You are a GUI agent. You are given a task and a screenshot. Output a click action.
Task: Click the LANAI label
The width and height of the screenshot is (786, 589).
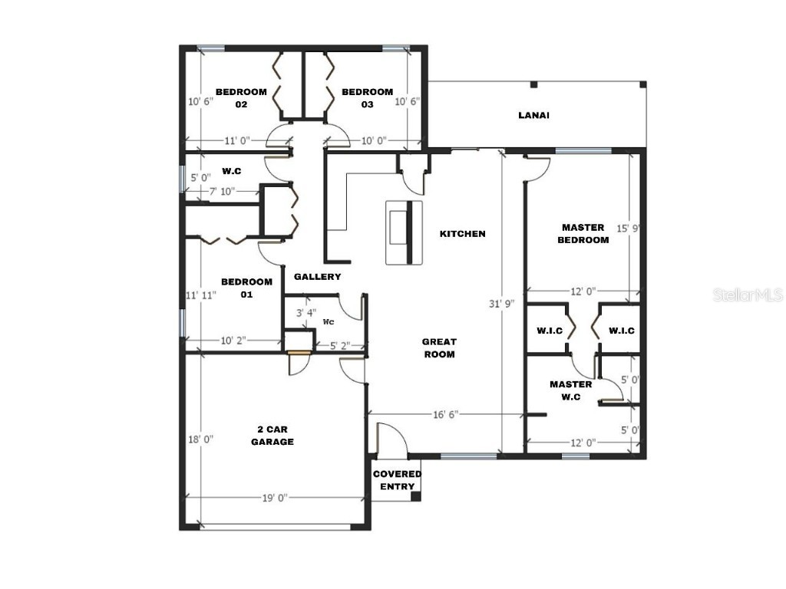coord(533,116)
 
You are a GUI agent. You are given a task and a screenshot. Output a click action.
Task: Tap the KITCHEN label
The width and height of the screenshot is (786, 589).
coord(462,234)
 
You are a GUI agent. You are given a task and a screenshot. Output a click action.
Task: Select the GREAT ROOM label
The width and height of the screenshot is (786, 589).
coord(439,348)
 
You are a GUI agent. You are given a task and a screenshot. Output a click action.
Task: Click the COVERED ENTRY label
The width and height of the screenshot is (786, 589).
coord(397,480)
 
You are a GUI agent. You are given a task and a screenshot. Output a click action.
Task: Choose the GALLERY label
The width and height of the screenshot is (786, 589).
coord(317,277)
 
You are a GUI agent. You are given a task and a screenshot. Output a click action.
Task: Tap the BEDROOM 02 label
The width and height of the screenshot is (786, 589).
coord(240,98)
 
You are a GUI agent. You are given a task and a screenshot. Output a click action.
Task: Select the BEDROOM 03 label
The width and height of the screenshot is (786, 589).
coord(367,98)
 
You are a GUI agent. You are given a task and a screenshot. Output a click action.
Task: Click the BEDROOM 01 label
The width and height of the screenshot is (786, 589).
coord(246,288)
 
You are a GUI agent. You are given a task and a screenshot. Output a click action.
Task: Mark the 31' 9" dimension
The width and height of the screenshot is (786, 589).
coord(500,303)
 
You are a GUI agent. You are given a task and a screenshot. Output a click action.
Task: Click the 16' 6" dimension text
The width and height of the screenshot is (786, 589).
coord(444,415)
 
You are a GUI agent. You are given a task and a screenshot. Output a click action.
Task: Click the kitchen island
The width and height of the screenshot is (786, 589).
coord(405,233)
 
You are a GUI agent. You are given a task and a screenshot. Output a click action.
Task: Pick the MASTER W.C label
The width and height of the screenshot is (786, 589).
coord(570,390)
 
